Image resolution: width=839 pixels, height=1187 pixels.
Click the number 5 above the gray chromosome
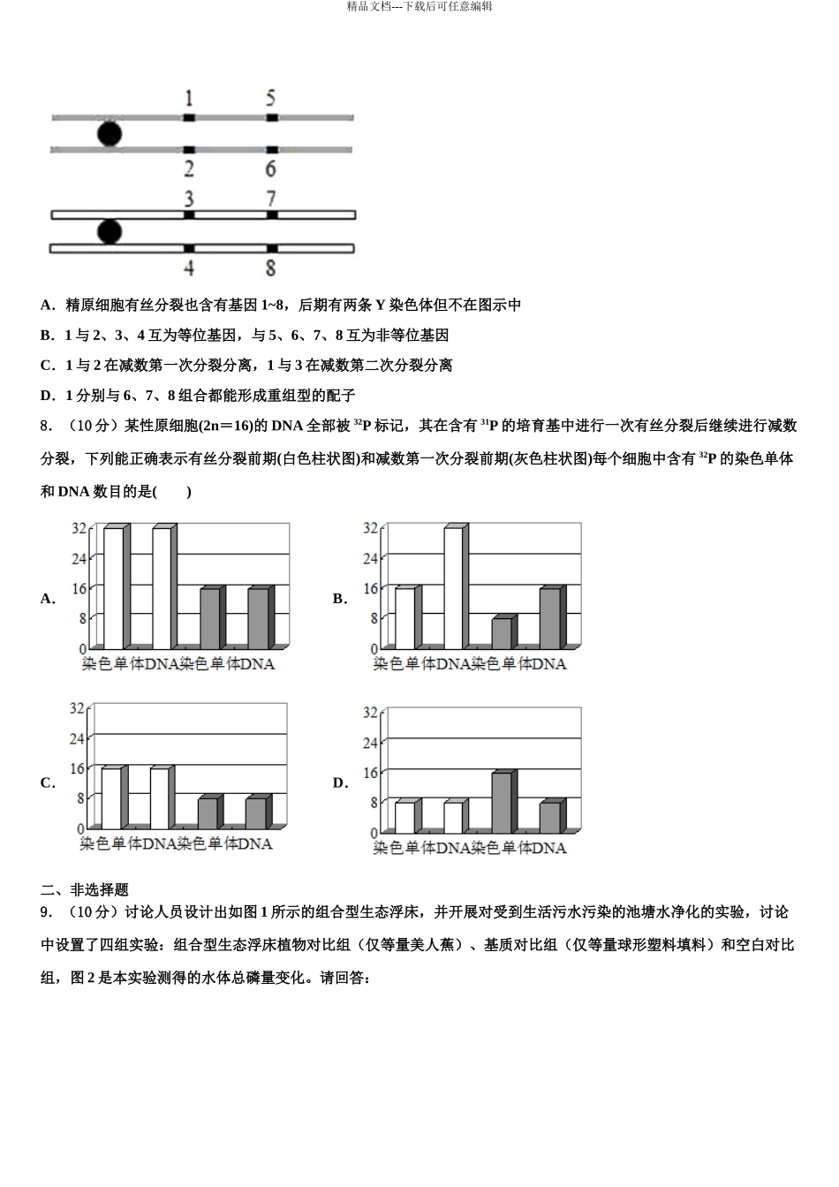pyautogui.click(x=271, y=96)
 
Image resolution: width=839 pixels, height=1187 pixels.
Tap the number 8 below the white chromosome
pyautogui.click(x=271, y=267)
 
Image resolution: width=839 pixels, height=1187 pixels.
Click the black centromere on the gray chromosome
pyautogui.click(x=109, y=133)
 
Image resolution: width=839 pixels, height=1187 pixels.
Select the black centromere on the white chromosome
pyautogui.click(x=109, y=231)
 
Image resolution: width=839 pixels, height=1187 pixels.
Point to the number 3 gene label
pyautogui.click(x=189, y=198)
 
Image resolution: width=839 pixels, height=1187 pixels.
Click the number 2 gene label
pyautogui.click(x=189, y=168)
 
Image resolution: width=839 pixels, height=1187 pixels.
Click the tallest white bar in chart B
pyautogui.click(x=454, y=587)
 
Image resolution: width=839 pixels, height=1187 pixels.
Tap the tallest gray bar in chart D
pyautogui.click(x=502, y=802)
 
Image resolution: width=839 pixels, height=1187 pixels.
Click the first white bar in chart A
pyautogui.click(x=114, y=587)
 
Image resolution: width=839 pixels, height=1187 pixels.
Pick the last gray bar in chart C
pyautogui.click(x=256, y=813)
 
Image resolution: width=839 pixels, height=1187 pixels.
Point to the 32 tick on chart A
pyautogui.click(x=79, y=528)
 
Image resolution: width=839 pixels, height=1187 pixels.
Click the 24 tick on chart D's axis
pyautogui.click(x=370, y=743)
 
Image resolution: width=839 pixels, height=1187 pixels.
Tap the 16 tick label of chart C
pyautogui.click(x=77, y=768)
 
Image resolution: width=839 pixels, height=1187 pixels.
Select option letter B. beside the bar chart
pyautogui.click(x=340, y=599)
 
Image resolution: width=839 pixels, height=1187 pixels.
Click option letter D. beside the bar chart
pyautogui.click(x=340, y=783)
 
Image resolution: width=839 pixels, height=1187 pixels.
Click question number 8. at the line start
pyautogui.click(x=48, y=427)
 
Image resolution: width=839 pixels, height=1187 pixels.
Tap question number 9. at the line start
pyautogui.click(x=48, y=912)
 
